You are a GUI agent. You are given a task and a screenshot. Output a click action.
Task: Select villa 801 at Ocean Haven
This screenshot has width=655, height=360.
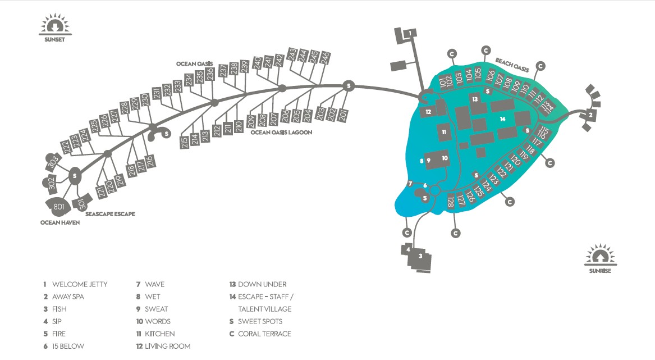tap(58, 206)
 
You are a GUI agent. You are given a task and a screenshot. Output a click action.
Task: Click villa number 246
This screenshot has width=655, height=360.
tap(324, 57)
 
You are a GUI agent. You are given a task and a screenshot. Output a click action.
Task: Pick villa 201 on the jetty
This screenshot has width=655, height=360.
tap(343, 115)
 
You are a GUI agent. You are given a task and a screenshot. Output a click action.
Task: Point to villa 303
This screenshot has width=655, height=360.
tap(53, 161)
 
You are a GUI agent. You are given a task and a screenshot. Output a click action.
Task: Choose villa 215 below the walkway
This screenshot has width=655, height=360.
tap(185, 142)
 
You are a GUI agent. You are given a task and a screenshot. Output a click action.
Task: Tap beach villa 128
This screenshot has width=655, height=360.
tap(450, 201)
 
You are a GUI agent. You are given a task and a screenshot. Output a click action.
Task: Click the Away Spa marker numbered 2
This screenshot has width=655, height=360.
tap(590, 115)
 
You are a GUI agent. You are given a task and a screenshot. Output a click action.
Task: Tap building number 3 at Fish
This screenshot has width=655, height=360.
tap(420, 256)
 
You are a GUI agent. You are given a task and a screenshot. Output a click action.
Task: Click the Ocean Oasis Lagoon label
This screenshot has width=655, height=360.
tap(281, 132)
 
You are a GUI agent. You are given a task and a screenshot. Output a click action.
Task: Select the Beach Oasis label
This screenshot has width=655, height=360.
tap(512, 65)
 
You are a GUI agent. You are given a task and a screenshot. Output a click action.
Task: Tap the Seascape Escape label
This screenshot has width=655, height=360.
tap(110, 213)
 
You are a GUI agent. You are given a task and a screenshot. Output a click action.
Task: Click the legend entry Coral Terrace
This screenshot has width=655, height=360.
tap(264, 334)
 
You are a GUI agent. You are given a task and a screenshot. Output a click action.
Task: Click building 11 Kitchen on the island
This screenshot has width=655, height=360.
tap(444, 132)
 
